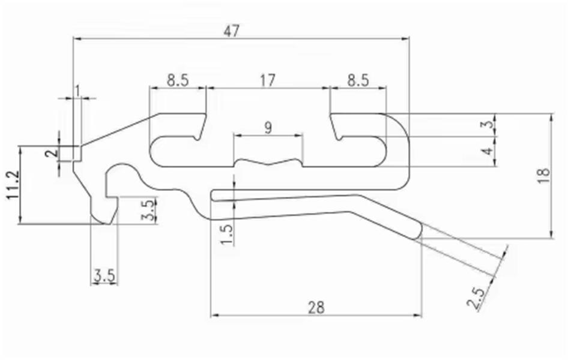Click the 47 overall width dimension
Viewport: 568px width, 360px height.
[232, 31]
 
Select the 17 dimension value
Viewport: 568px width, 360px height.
[268, 80]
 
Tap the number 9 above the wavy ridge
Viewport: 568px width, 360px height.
[268, 128]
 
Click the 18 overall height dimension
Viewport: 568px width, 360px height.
[545, 176]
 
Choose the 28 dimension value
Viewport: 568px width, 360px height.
[316, 308]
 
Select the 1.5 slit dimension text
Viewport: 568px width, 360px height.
[227, 235]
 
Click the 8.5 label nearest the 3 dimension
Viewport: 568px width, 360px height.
[358, 80]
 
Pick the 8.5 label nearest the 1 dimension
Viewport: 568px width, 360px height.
[178, 80]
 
